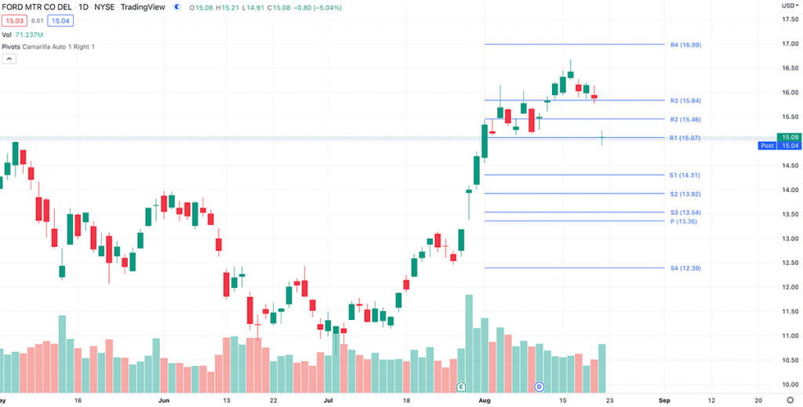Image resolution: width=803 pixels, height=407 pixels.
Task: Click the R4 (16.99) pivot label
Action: (685, 45)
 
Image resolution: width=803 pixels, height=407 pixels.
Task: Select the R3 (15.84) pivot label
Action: (685, 100)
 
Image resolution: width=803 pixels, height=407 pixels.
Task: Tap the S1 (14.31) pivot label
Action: (685, 175)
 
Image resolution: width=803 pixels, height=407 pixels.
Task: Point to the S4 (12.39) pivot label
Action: (685, 268)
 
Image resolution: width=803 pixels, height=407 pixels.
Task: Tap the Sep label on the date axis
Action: (663, 400)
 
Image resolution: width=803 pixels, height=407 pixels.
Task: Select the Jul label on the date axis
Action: (329, 400)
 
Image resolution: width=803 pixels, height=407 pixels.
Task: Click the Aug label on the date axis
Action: (484, 400)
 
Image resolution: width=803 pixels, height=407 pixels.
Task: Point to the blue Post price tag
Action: (767, 146)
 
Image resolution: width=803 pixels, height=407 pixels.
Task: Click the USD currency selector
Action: (789, 5)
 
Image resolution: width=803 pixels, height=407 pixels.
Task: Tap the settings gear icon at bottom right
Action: (790, 400)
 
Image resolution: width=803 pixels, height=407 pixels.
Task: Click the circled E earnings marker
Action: (461, 387)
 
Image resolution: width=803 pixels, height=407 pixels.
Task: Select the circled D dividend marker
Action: (540, 387)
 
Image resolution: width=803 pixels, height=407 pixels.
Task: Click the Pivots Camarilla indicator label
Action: (48, 47)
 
